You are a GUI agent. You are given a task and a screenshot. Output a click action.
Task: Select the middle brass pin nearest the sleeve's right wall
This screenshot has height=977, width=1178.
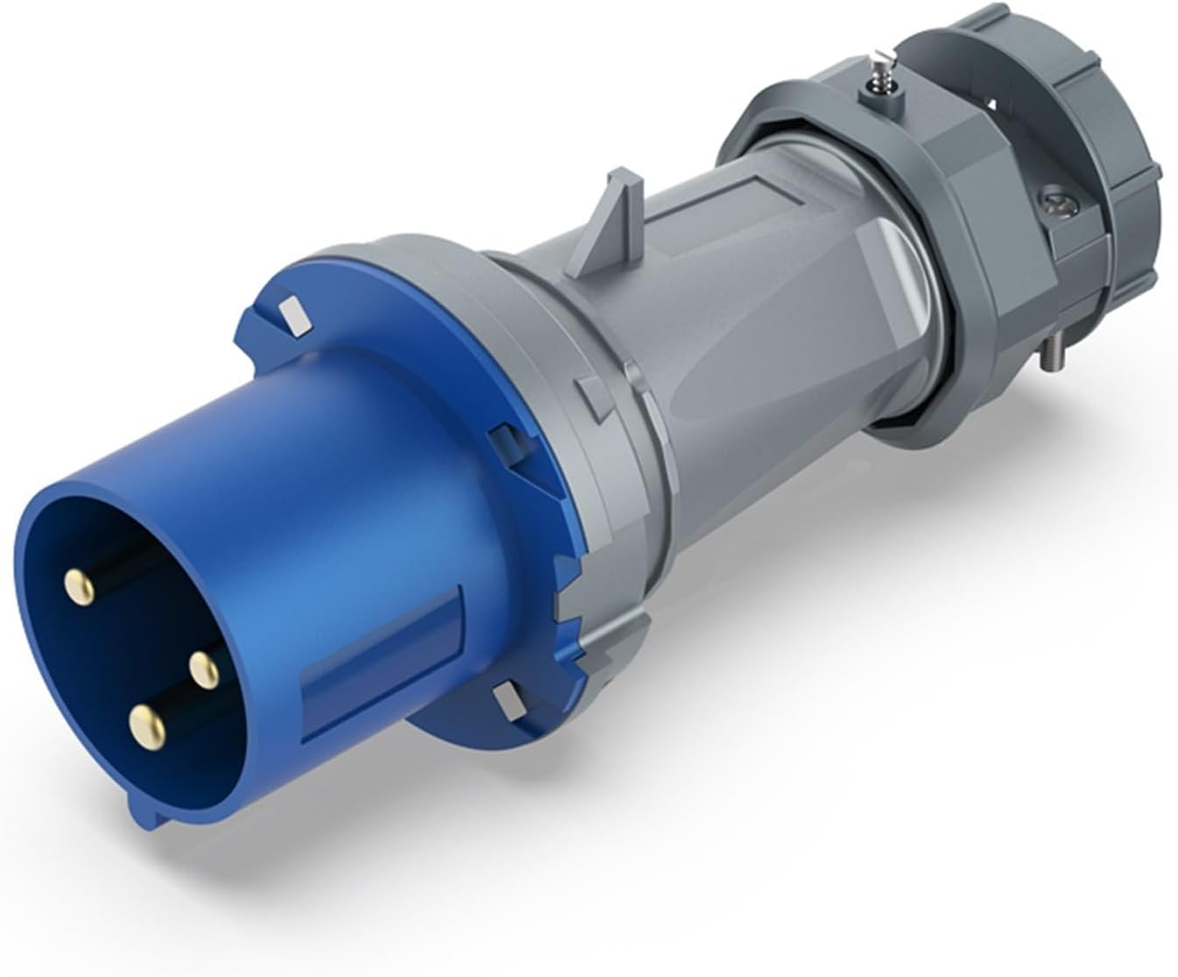click(x=204, y=670)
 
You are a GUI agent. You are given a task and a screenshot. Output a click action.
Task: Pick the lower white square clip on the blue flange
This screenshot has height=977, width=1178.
click(x=508, y=700)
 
